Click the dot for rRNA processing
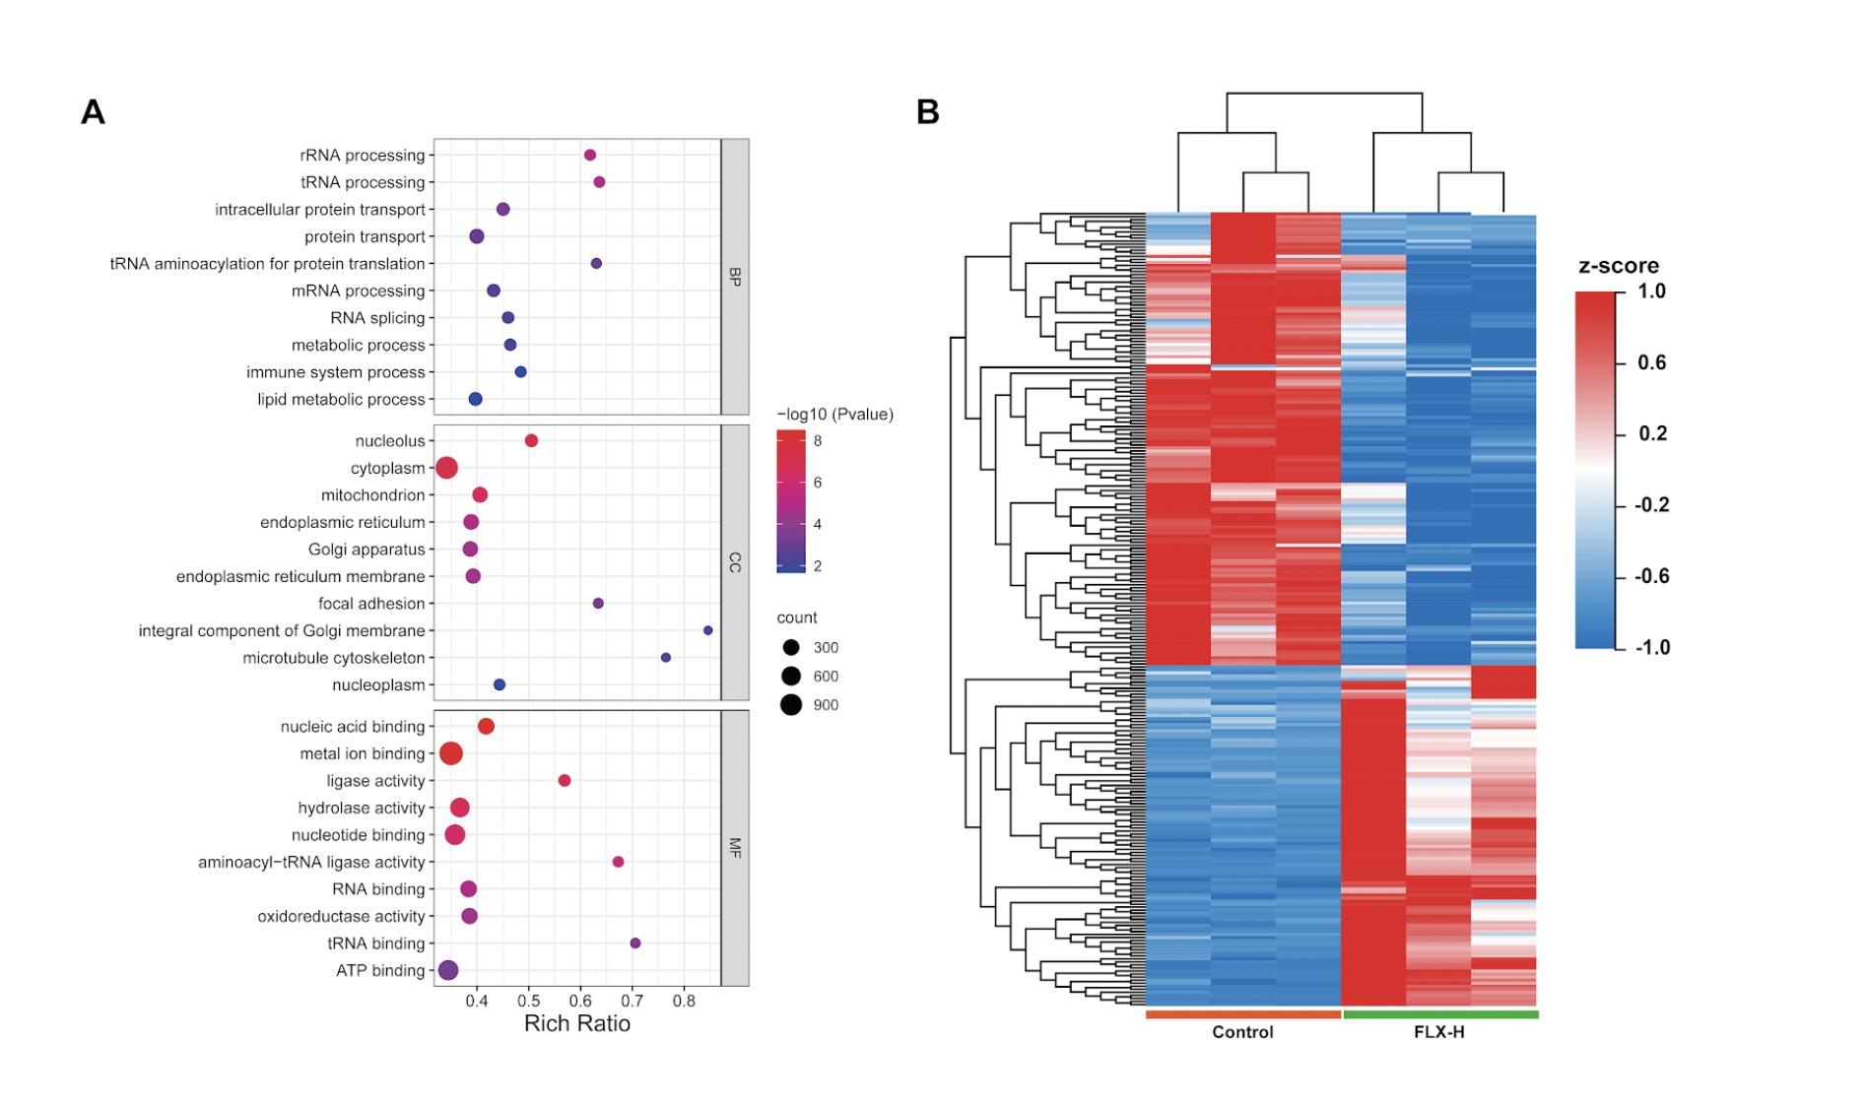pos(590,155)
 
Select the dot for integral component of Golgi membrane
pos(707,630)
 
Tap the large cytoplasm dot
pos(446,468)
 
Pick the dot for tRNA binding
pos(635,943)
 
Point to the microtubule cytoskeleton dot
pos(666,657)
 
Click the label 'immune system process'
pos(336,372)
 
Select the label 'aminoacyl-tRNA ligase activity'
pos(311,862)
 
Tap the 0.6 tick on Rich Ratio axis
pos(581,1001)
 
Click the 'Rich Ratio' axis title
pos(577,1023)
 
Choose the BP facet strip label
pos(735,277)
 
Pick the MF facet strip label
pos(735,847)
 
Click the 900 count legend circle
pos(791,704)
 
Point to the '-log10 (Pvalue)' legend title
pos(835,415)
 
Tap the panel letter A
pos(93,112)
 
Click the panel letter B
pos(927,112)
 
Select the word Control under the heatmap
pos(1242,1032)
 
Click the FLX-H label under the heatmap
pos(1439,1032)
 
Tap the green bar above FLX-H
pos(1440,1014)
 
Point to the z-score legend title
pos(1619,266)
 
